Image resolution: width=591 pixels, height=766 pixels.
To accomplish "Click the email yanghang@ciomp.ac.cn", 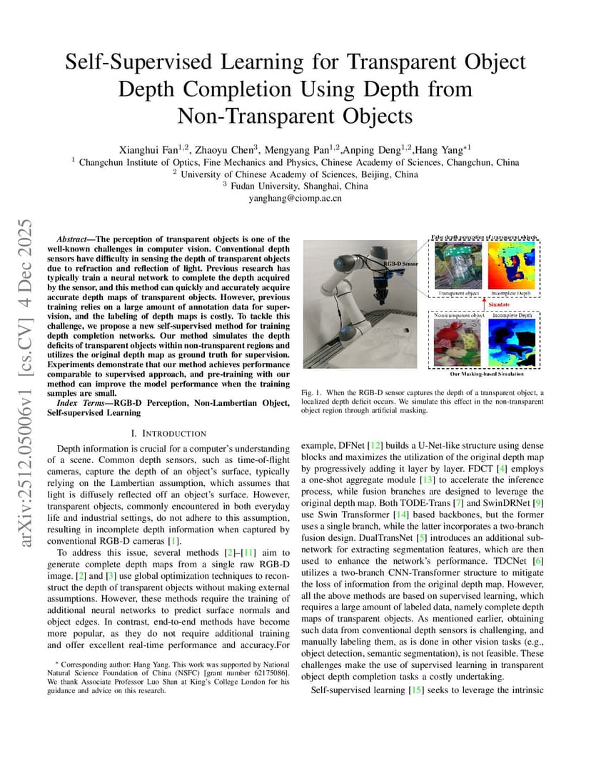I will point(295,198).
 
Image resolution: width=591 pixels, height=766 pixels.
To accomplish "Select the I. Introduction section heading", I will point(169,433).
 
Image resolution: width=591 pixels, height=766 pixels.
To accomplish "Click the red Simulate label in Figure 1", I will point(498,304).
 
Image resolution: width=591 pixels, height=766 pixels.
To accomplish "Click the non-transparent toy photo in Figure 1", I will point(458,344).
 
